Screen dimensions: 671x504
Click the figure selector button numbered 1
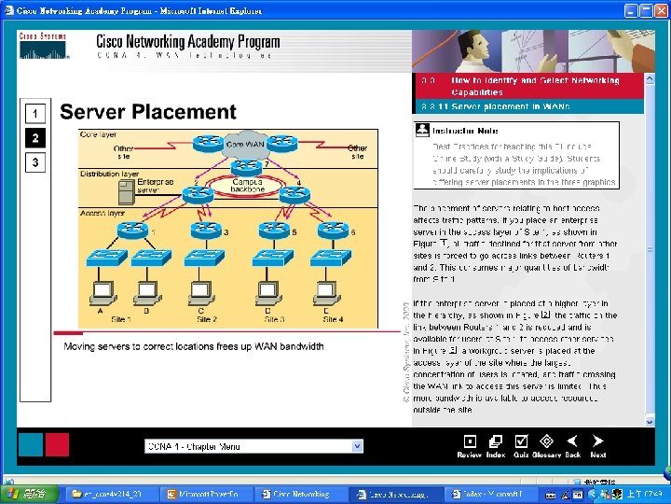click(34, 114)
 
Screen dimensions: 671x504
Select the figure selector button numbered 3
click(34, 162)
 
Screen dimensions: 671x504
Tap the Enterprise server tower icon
click(124, 191)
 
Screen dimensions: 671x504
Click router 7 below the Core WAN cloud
click(245, 167)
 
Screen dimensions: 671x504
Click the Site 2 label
click(207, 319)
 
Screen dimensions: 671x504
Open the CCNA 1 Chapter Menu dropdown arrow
click(357, 446)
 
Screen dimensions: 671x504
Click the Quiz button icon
click(522, 441)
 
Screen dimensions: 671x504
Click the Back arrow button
click(572, 441)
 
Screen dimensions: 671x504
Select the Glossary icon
click(545, 441)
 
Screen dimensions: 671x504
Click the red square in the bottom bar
click(57, 444)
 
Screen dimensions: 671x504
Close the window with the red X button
click(660, 11)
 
